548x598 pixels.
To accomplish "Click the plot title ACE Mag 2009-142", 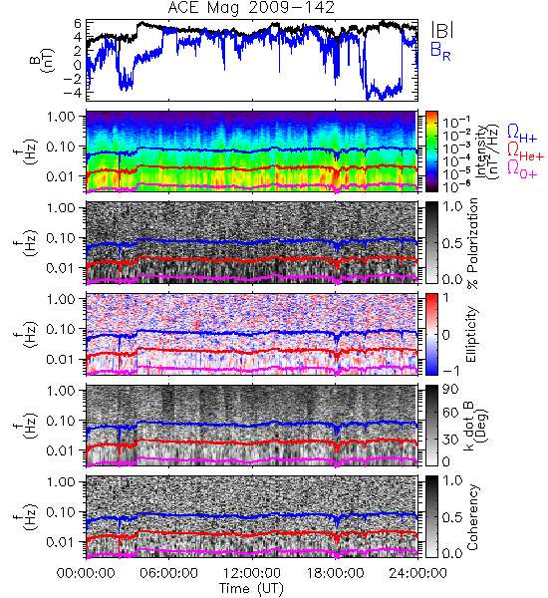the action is click(251, 7).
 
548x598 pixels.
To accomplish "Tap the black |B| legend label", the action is click(442, 29).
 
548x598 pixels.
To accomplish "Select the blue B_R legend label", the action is click(440, 51).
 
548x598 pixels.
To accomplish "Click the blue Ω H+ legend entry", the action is click(522, 133).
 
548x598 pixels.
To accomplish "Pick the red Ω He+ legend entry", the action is click(525, 151).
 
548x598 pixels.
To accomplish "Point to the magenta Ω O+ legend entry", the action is click(522, 169).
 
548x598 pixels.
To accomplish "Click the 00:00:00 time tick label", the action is click(86, 573).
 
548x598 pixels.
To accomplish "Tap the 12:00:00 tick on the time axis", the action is click(252, 573).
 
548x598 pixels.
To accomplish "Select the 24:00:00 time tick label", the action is click(417, 573).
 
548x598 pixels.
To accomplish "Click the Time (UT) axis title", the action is click(251, 589).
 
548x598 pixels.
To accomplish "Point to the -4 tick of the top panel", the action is click(72, 92).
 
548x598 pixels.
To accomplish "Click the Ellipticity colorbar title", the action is click(471, 335).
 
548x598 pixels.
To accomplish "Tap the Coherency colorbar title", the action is click(472, 517).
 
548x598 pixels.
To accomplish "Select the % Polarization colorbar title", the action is click(472, 243).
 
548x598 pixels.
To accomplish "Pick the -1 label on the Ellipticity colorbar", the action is click(450, 371).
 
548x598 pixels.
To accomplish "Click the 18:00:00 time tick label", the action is click(335, 573).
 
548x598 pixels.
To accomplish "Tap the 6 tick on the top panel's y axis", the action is click(78, 24).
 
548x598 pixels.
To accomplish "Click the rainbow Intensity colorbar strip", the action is click(431, 151).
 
